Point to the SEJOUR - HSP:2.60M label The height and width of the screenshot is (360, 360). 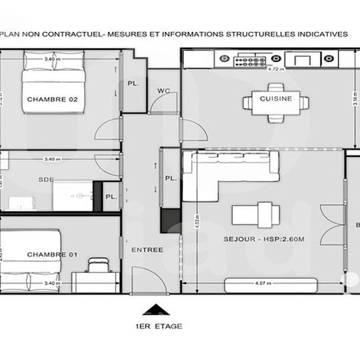tap(268, 240)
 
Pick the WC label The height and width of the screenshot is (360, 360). tap(164, 92)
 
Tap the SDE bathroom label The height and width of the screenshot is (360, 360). tap(46, 179)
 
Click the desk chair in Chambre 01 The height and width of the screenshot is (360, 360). tap(99, 264)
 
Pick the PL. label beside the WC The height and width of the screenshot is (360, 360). tap(133, 84)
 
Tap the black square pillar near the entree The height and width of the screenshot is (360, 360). tap(171, 219)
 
